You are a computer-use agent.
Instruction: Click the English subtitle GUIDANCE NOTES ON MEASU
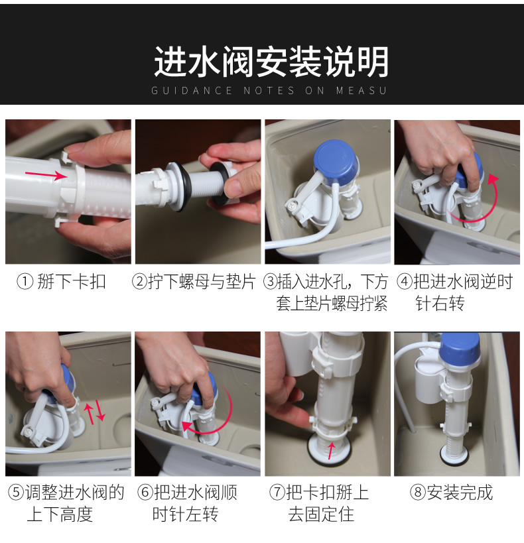coord(269,91)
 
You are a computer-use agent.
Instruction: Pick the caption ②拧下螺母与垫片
coord(194,282)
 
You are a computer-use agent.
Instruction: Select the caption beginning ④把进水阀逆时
coord(454,292)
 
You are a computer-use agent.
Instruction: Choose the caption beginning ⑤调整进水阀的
coord(66,503)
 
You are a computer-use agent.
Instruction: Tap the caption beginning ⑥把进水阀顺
coord(187,503)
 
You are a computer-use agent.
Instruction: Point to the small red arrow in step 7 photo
coord(332,452)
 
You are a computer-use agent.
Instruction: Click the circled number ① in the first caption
coord(25,282)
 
